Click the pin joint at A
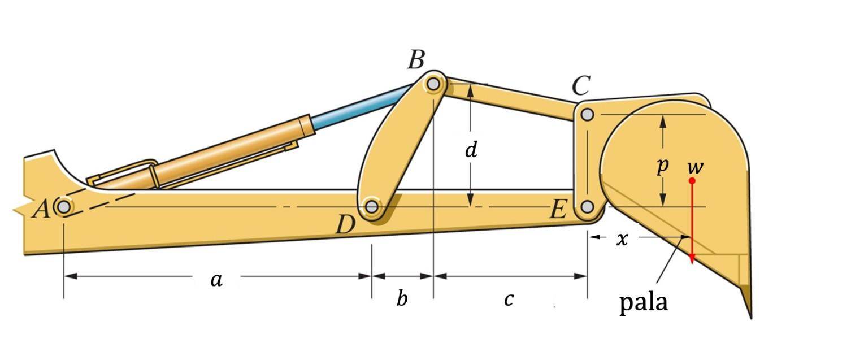[x=63, y=207]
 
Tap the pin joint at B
[x=433, y=84]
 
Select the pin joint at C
[x=587, y=115]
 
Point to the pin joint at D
[x=371, y=207]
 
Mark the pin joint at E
[x=587, y=207]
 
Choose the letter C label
[x=580, y=86]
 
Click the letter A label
[x=41, y=210]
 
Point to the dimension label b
[x=402, y=298]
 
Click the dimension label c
[x=509, y=300]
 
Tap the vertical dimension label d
[x=471, y=150]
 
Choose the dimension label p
[x=663, y=166]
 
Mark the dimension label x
[x=622, y=239]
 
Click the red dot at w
[x=692, y=180]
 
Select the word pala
[x=644, y=303]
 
